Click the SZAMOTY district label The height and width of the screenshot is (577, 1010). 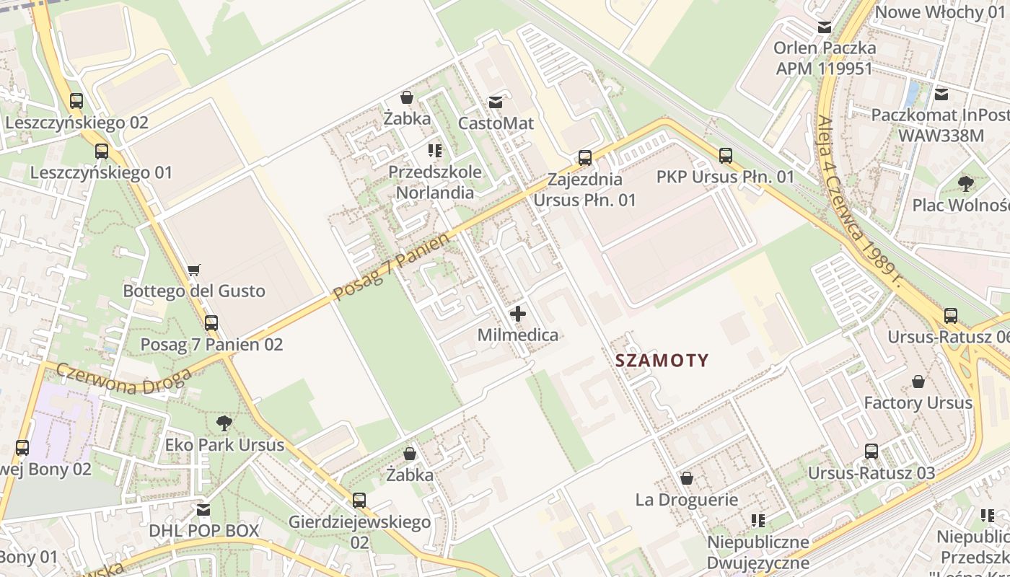(662, 361)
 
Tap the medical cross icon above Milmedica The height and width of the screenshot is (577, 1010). (517, 314)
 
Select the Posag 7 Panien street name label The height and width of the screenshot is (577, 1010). (392, 266)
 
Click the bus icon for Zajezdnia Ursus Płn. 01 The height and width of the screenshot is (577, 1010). (585, 157)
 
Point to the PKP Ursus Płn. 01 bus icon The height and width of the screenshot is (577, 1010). (725, 155)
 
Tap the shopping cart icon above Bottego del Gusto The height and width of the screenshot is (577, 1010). (193, 270)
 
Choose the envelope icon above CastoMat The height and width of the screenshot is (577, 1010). (496, 102)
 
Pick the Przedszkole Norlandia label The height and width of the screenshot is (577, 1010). (435, 182)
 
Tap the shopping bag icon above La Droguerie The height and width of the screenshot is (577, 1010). (687, 478)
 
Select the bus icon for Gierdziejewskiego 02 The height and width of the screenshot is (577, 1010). (359, 500)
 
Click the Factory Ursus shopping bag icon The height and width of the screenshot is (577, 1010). (918, 382)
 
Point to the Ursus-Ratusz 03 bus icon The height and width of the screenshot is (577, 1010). (871, 452)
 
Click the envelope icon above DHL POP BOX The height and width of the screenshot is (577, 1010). (203, 510)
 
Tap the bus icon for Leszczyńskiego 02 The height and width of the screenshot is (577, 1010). (76, 101)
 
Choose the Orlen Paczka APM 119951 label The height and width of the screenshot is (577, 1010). (825, 58)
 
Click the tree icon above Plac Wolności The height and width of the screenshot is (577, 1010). (965, 184)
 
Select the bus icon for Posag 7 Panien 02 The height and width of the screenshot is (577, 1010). (211, 323)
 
